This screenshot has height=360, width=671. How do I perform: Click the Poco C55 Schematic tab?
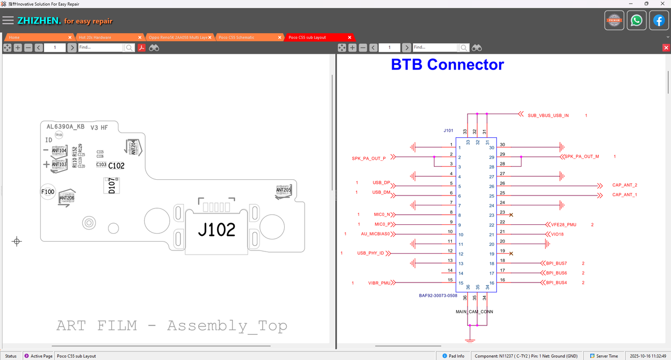[236, 37]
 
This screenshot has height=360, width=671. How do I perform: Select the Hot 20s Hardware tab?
[95, 37]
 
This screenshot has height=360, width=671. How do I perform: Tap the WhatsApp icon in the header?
[636, 20]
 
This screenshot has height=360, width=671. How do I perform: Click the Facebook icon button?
[659, 20]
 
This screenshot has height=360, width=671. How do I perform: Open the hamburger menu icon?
[8, 20]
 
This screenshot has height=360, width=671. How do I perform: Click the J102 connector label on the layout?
[216, 230]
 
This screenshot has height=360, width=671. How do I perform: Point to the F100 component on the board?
[48, 192]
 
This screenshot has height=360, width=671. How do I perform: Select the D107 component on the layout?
[112, 187]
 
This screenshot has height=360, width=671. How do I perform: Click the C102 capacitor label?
[116, 166]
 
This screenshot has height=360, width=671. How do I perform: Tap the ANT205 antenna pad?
[283, 191]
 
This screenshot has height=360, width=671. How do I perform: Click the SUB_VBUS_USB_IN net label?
[548, 115]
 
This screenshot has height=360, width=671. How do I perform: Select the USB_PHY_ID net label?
[371, 254]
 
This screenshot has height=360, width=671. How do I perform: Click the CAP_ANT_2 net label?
[624, 185]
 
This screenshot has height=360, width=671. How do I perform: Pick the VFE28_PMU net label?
[564, 225]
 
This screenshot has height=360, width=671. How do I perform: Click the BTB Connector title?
[447, 64]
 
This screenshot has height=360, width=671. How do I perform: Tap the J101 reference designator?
[448, 130]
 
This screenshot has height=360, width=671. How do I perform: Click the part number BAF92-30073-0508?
[438, 296]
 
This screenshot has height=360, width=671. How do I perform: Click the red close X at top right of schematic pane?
[666, 48]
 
